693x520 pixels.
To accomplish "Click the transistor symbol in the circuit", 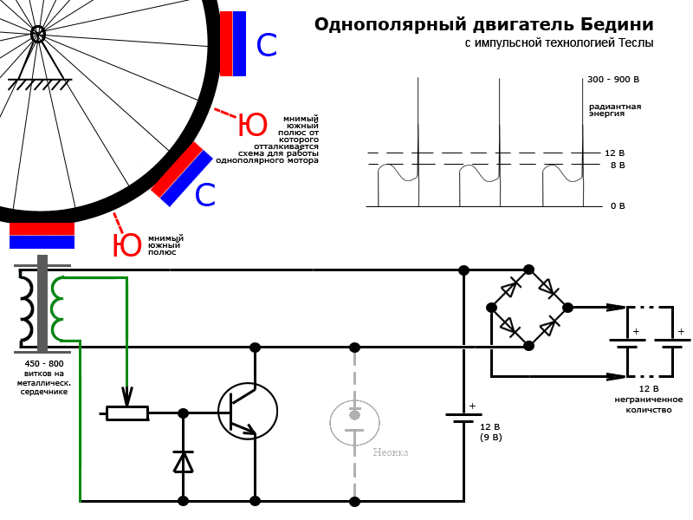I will pyautogui.click(x=247, y=411).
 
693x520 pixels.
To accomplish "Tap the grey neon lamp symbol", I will pyautogui.click(x=354, y=422).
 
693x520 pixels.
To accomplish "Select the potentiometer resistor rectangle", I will pyautogui.click(x=126, y=413).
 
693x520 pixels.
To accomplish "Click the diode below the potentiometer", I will pyautogui.click(x=183, y=462).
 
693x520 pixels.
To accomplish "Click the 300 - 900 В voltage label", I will pyautogui.click(x=613, y=80).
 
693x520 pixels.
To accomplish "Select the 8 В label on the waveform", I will pyautogui.click(x=617, y=165).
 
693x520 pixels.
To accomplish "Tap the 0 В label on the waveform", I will pyautogui.click(x=617, y=206).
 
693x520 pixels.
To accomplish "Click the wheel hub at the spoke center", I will pyautogui.click(x=38, y=34).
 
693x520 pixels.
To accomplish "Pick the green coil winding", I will pyautogui.click(x=57, y=309).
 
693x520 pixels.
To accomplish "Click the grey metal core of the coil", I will pyautogui.click(x=42, y=303).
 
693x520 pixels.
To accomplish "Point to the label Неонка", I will pyautogui.click(x=390, y=452).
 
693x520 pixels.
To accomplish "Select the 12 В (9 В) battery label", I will pyautogui.click(x=490, y=432).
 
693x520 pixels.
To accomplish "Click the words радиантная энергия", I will pyautogui.click(x=615, y=109).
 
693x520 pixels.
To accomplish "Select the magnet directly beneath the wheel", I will pyautogui.click(x=42, y=236).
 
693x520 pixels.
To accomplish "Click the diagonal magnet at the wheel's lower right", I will pyautogui.click(x=182, y=174).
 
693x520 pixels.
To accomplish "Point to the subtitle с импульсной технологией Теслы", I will pyautogui.click(x=559, y=42).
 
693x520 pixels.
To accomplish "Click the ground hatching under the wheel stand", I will pyautogui.click(x=39, y=85).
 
